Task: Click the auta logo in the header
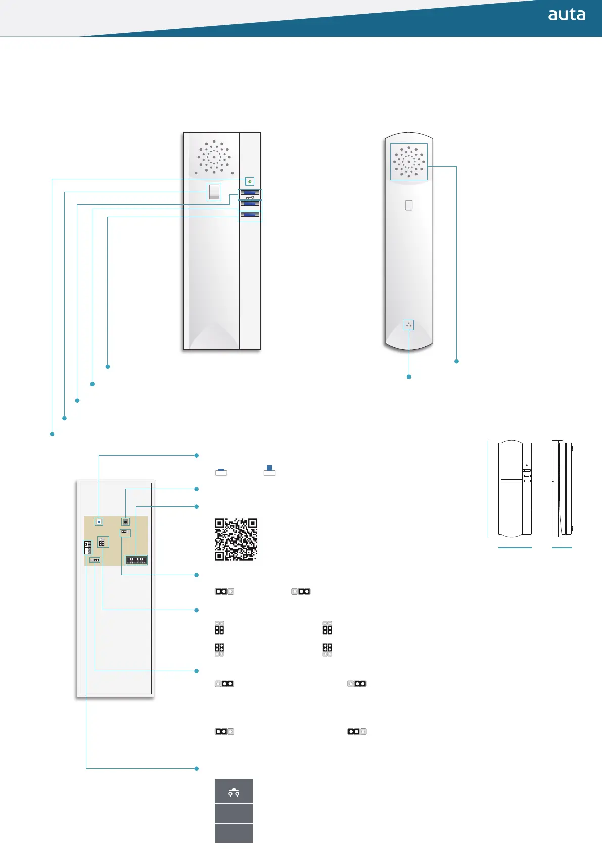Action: click(x=567, y=15)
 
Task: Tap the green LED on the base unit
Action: click(x=250, y=181)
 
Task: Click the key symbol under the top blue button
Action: click(x=250, y=197)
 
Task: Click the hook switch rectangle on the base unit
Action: click(x=214, y=192)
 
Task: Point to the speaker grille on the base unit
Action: click(x=214, y=157)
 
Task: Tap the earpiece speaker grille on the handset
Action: click(x=409, y=162)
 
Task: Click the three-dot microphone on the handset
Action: click(x=409, y=325)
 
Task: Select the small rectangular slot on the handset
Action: click(x=409, y=205)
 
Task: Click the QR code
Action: click(x=236, y=539)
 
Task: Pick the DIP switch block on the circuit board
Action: click(x=136, y=560)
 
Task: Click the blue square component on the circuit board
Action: click(x=99, y=522)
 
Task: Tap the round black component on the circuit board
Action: click(x=125, y=522)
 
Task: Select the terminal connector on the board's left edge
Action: click(x=88, y=547)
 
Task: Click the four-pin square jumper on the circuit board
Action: click(x=102, y=543)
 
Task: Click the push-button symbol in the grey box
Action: click(x=234, y=791)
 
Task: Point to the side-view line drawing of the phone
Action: click(x=562, y=489)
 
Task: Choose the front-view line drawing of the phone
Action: click(x=515, y=489)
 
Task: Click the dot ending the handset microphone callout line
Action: click(x=409, y=377)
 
